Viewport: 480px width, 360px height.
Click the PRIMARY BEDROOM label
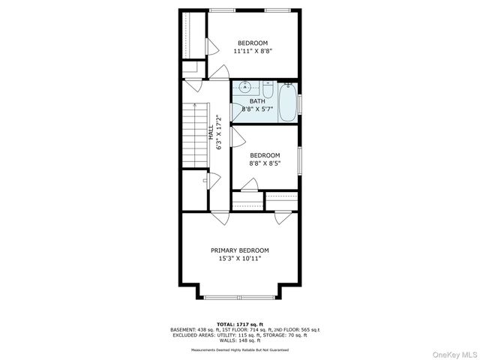click(239, 250)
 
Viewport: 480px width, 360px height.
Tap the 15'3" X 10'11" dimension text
click(239, 259)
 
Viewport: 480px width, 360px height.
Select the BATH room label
click(257, 101)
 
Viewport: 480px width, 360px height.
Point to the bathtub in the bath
click(287, 102)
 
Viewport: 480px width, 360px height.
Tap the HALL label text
click(211, 133)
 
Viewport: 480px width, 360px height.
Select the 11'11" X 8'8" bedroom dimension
click(252, 52)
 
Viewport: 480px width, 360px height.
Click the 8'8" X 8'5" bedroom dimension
click(265, 163)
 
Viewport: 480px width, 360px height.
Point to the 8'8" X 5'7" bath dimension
click(257, 109)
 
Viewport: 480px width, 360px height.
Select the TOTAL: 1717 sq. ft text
click(239, 324)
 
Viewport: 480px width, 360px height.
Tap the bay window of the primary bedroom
click(239, 298)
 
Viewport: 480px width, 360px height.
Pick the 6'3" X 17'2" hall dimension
click(220, 133)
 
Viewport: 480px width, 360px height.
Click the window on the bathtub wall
click(299, 102)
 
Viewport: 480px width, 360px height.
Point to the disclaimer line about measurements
click(239, 349)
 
